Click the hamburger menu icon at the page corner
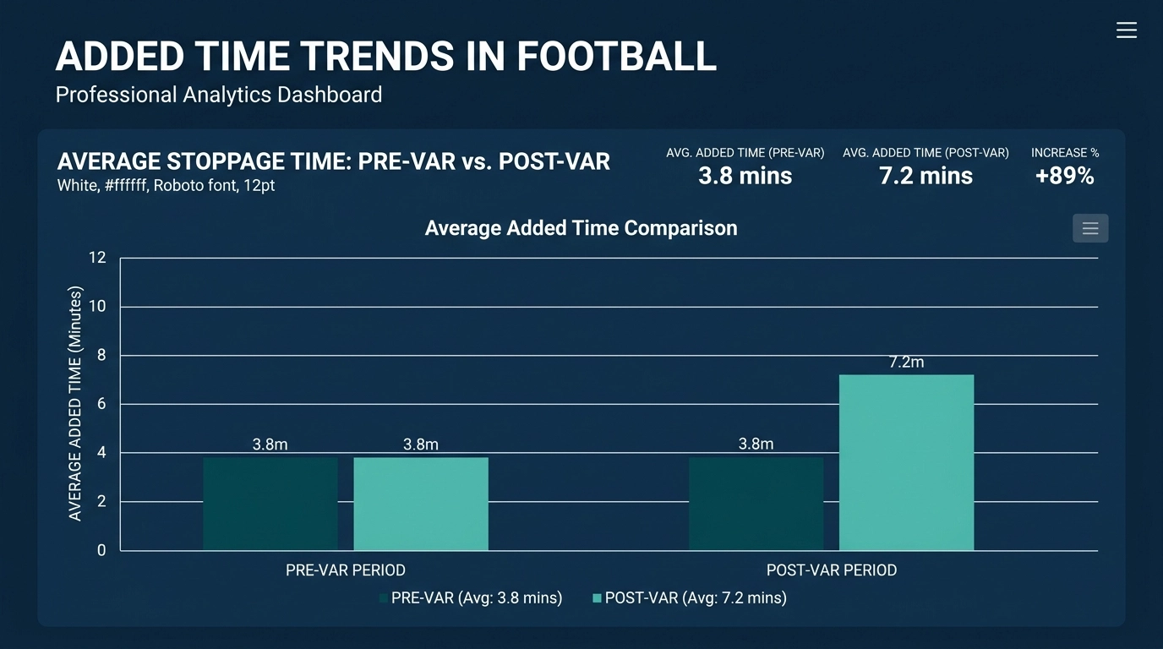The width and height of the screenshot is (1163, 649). tap(1126, 30)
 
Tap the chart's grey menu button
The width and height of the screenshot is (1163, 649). tap(1089, 228)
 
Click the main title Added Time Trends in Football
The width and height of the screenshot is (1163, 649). tap(385, 57)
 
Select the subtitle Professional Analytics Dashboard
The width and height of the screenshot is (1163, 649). tap(218, 95)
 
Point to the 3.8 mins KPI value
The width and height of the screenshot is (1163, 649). tap(745, 176)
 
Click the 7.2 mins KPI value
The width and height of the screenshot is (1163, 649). tap(925, 176)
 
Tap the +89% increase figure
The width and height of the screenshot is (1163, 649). tap(1064, 176)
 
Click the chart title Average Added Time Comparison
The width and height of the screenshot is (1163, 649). tap(581, 228)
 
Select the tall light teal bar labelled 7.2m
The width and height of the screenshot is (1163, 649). tap(906, 462)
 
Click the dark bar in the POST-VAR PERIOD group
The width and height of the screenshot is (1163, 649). tap(756, 504)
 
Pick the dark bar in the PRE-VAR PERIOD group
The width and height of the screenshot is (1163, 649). tap(270, 504)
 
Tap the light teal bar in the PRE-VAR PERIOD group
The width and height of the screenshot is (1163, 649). tap(421, 504)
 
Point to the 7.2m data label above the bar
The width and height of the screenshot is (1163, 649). tap(906, 362)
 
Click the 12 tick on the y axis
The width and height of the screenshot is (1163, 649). tap(97, 258)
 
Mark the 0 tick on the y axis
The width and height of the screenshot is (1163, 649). tap(101, 550)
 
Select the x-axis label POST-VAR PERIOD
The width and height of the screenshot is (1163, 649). tap(831, 570)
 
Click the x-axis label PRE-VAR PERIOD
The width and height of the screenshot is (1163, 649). tap(345, 570)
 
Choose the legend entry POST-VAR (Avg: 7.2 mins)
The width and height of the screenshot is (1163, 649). tap(689, 598)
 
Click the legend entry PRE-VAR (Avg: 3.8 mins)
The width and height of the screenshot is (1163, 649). tap(470, 598)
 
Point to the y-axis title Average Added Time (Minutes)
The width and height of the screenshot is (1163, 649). tap(75, 404)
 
